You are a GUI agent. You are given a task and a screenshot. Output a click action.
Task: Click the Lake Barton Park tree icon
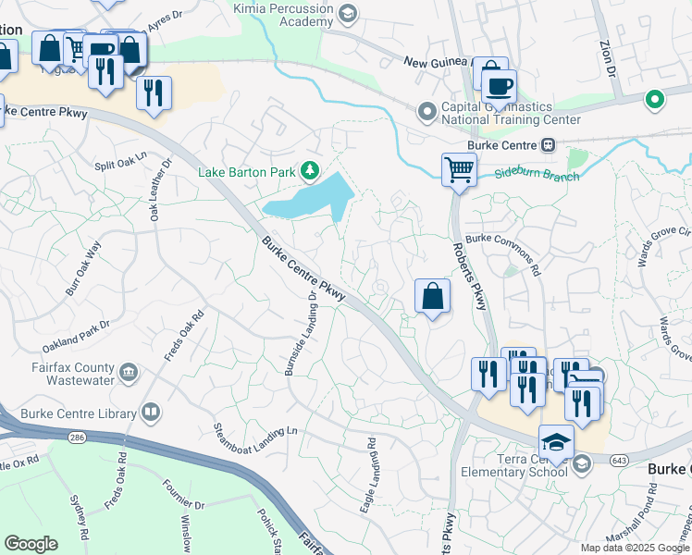[x=311, y=169]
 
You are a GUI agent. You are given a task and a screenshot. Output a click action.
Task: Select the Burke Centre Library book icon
[x=150, y=413]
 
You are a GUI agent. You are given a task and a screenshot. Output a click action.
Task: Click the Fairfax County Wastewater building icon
[x=128, y=373]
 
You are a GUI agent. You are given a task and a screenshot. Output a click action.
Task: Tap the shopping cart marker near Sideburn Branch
[x=458, y=169]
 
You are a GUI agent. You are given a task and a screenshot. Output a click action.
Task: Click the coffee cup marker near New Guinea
[x=500, y=87]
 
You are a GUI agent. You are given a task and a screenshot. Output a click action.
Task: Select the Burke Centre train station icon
[x=548, y=144]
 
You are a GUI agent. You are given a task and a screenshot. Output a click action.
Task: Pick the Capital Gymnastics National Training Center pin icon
[x=426, y=112]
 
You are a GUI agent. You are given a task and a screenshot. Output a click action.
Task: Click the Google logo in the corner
[x=31, y=543]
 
